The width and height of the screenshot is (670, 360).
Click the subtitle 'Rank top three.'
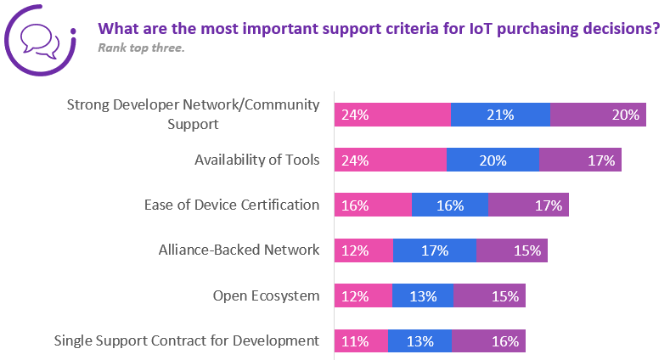pos(141,48)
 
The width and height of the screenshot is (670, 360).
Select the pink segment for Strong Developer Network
pos(392,115)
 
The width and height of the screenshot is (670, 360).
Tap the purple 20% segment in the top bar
pos(599,115)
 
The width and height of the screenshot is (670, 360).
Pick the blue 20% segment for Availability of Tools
pos(493,160)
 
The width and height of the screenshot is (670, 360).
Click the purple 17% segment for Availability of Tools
pos(581,160)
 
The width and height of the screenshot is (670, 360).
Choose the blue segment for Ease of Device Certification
pos(450,205)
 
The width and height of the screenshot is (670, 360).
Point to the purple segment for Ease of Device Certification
pos(528,205)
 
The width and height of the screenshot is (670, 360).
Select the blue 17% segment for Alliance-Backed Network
pos(435,250)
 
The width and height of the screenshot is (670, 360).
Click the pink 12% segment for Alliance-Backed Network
pos(363,250)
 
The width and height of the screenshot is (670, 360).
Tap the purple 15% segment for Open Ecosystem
pos(489,295)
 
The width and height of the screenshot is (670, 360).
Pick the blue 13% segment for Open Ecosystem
pos(422,295)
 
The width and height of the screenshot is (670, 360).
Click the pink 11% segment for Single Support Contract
pos(361,341)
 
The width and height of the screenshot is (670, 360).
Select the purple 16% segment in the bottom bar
pos(488,341)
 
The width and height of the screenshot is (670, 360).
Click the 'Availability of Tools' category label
pos(256,159)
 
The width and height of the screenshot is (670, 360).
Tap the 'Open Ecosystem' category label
pos(266,295)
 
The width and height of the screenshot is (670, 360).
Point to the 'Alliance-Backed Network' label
pos(239,250)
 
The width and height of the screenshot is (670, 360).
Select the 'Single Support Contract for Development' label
pos(187,340)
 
